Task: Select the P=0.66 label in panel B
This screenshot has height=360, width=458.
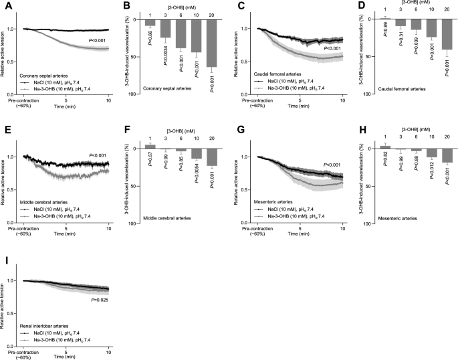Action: pyautogui.click(x=150, y=32)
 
